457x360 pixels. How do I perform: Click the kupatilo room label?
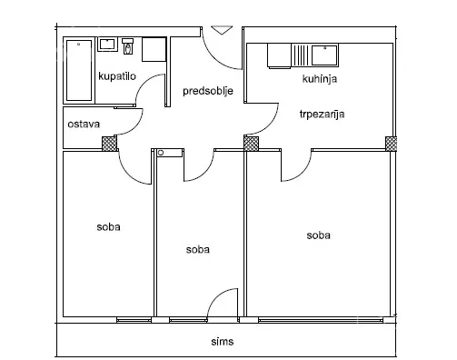[x=117, y=76]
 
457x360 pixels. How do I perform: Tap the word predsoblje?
[x=208, y=91]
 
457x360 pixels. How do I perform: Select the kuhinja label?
[x=320, y=79]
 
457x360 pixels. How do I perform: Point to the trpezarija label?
[x=322, y=115]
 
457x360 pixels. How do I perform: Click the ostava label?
[x=84, y=125]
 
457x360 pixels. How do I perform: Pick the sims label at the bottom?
[x=223, y=342]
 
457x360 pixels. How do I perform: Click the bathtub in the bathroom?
[x=79, y=70]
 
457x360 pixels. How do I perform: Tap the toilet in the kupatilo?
[x=128, y=46]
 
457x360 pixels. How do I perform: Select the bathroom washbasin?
[x=107, y=45]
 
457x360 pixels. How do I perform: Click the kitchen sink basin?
[x=324, y=55]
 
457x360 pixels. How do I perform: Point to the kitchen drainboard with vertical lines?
[x=301, y=55]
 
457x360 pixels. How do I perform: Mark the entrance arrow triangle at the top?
[x=222, y=30]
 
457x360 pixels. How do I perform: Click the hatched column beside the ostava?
[x=109, y=144]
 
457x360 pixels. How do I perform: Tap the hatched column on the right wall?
[x=391, y=144]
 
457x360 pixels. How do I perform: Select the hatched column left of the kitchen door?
[x=252, y=144]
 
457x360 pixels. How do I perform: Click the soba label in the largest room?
[x=318, y=235]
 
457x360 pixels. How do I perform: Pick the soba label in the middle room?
[x=198, y=250]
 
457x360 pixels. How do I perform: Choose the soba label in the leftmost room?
[x=108, y=227]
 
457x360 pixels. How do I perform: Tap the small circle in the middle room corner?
[x=161, y=153]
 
